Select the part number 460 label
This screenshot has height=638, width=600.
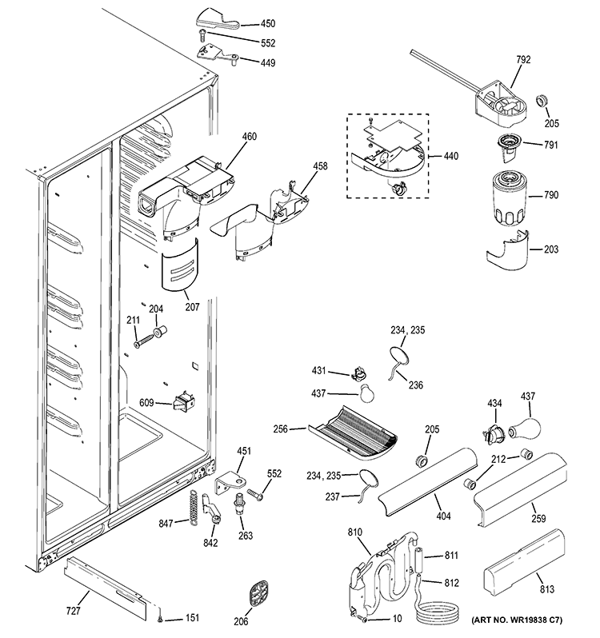pyautogui.click(x=227, y=137)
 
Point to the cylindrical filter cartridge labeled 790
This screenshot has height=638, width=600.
pyautogui.click(x=508, y=197)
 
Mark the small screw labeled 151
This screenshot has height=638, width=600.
pyautogui.click(x=162, y=617)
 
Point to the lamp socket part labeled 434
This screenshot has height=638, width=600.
pyautogui.click(x=492, y=432)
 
